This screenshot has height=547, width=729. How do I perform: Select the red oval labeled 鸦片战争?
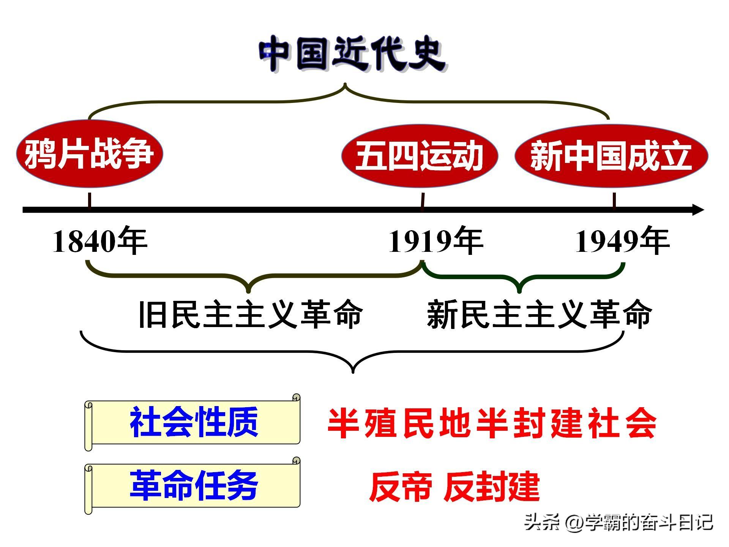tap(90, 153)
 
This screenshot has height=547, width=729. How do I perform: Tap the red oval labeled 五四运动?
tap(420, 156)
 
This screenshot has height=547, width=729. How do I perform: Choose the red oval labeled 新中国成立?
tap(611, 156)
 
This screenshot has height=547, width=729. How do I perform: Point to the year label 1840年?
tap(99, 241)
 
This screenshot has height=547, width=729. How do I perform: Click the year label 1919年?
tap(436, 241)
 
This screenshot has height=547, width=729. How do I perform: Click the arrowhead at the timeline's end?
tap(698, 210)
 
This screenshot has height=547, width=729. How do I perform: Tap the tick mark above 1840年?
tap(90, 200)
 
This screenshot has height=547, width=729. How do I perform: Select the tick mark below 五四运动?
tap(423, 200)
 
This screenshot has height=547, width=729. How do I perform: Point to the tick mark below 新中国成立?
tap(614, 200)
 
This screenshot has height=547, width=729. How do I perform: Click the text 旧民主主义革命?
tap(251, 314)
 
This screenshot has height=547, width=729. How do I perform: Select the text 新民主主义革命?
tap(540, 314)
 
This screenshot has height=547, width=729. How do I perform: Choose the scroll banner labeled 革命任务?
tap(193, 486)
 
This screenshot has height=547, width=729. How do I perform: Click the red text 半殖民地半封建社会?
tap(492, 423)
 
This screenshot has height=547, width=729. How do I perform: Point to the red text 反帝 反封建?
tap(454, 487)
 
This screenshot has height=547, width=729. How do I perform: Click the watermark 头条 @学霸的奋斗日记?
tap(619, 523)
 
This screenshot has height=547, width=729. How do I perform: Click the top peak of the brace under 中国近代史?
tap(345, 84)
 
